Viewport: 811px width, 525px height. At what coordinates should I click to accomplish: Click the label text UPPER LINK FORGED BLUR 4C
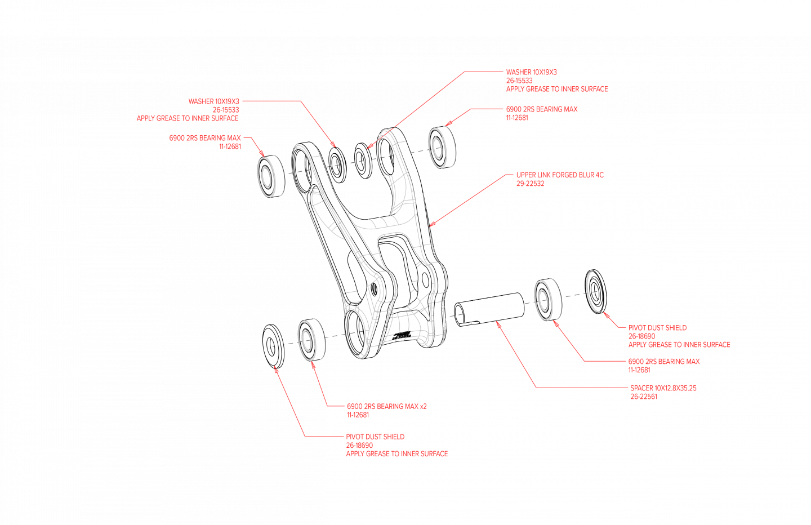point(559,175)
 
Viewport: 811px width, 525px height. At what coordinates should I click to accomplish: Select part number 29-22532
point(530,184)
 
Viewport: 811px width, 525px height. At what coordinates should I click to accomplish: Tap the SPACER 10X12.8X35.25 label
point(663,388)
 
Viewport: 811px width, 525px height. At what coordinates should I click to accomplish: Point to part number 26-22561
point(644,397)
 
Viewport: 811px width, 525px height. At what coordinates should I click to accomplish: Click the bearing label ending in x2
point(386,406)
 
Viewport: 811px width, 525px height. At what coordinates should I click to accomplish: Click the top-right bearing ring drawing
point(438,147)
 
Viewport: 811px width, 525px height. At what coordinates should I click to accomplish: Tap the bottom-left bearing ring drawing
point(308,340)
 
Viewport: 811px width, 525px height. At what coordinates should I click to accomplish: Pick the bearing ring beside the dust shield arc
point(545,300)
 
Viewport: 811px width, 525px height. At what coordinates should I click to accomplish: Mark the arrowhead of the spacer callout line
point(497,322)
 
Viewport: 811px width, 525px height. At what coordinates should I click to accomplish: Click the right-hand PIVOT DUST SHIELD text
point(657,328)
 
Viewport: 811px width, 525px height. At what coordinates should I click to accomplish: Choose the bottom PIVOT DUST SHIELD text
point(375,437)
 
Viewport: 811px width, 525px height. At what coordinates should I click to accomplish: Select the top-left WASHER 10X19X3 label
point(213,101)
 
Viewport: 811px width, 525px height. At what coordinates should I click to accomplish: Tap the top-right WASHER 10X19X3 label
point(531,72)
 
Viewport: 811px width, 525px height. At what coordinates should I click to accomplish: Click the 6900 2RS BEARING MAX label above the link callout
point(541,109)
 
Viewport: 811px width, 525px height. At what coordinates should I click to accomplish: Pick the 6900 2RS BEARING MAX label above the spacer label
point(663,362)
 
